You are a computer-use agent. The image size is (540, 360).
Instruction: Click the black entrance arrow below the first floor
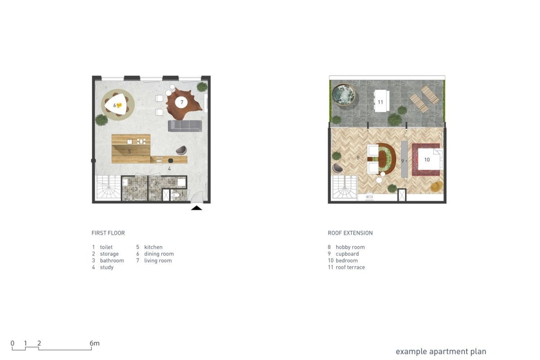pyautogui.click(x=197, y=208)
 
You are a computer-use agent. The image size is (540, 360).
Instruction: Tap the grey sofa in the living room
pyautogui.click(x=185, y=126)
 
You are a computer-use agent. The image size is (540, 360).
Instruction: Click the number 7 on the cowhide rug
pyautogui.click(x=182, y=102)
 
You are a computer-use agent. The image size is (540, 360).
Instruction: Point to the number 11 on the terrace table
pyautogui.click(x=380, y=102)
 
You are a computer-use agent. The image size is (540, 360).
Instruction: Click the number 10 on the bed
pyautogui.click(x=427, y=160)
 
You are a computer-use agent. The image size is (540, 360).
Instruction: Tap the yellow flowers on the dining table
pyautogui.click(x=119, y=105)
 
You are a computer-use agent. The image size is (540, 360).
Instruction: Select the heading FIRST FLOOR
pyautogui.click(x=108, y=233)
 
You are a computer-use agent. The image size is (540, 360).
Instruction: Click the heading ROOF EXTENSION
pyautogui.click(x=350, y=233)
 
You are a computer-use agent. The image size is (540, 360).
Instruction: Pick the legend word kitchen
pyautogui.click(x=153, y=247)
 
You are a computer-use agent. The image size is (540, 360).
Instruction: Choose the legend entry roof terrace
pyautogui.click(x=350, y=267)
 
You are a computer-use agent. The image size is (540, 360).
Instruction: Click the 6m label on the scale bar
pyautogui.click(x=94, y=343)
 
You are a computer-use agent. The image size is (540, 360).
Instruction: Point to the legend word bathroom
pyautogui.click(x=112, y=261)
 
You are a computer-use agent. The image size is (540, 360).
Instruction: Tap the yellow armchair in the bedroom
pyautogui.click(x=436, y=187)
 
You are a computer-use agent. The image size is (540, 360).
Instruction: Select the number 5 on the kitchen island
pyautogui.click(x=130, y=152)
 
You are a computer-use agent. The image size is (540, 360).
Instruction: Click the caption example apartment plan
pyautogui.click(x=441, y=352)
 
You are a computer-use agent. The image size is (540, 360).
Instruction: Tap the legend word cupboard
pyautogui.click(x=347, y=254)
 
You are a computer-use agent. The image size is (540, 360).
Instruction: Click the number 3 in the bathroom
pyautogui.click(x=136, y=189)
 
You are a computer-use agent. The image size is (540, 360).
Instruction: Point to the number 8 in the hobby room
pyautogui.click(x=358, y=157)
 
